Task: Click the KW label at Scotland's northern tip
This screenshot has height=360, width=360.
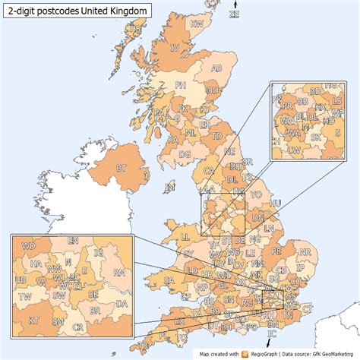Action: [197, 24]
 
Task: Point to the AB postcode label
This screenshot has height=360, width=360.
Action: [216, 68]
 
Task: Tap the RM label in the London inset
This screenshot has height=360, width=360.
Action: [118, 271]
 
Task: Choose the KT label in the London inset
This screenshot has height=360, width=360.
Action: [33, 321]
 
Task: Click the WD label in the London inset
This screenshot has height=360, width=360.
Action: [29, 246]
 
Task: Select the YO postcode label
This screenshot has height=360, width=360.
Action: [255, 194]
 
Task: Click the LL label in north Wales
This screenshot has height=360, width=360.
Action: [185, 237]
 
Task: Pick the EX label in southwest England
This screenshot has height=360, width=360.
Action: [179, 321]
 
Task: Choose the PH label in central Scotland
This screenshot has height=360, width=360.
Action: [180, 84]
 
